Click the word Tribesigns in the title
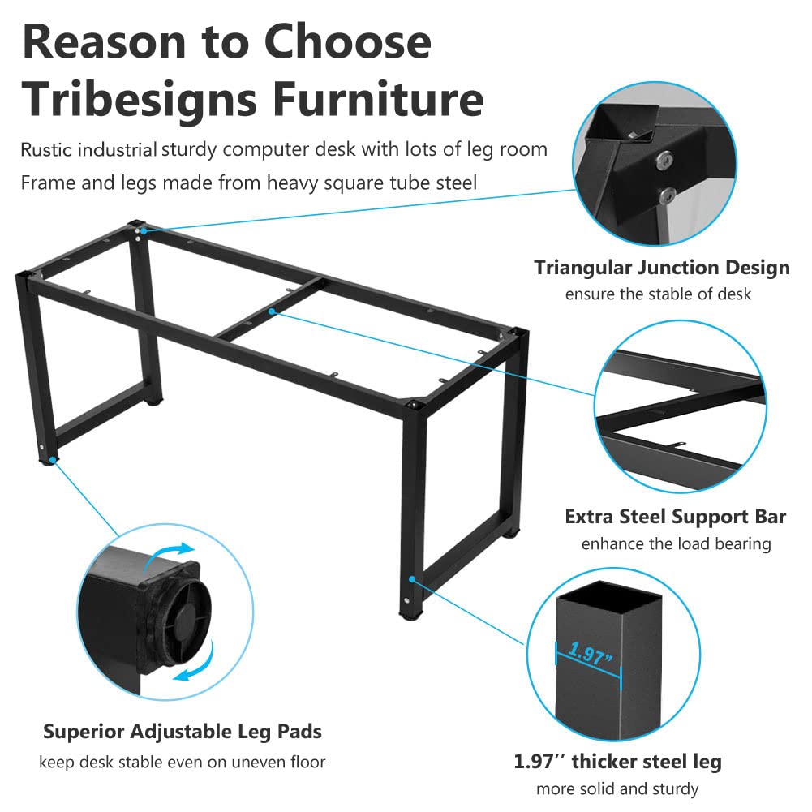140,101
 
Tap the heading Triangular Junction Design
662,267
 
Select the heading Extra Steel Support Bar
675,516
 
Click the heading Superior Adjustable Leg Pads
183,732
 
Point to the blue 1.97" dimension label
591,653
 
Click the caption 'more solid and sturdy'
617,788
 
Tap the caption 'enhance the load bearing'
676,543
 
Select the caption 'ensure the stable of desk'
658,294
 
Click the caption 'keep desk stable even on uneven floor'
183,762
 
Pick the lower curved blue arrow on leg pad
198,664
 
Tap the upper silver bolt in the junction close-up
664,160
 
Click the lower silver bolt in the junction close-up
667,195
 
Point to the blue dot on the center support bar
272,311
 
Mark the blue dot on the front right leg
412,579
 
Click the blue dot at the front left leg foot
52,459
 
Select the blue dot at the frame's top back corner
144,230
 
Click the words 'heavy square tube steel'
372,183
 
